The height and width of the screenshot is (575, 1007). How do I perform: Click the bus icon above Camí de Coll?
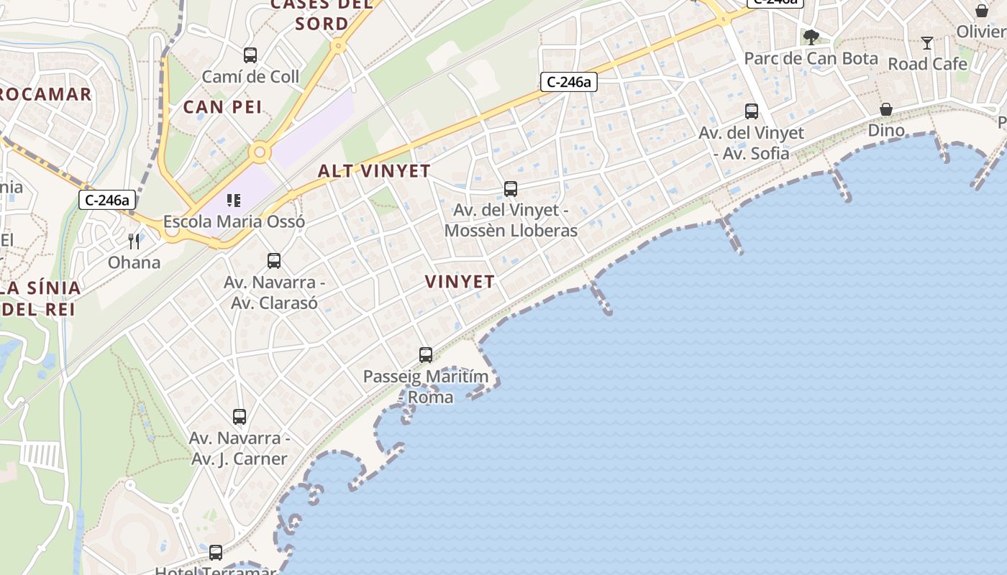click(x=250, y=55)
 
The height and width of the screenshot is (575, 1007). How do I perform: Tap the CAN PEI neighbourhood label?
click(x=223, y=107)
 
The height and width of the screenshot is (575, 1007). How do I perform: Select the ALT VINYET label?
click(x=374, y=171)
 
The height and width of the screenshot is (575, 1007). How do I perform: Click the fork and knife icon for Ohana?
click(x=134, y=241)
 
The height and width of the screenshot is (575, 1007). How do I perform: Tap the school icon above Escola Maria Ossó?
click(x=234, y=200)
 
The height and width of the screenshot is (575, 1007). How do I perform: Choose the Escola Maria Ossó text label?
click(x=234, y=221)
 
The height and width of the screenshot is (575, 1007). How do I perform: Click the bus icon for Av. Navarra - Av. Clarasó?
click(x=274, y=261)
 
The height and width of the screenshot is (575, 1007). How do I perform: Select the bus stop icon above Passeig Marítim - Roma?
click(x=426, y=354)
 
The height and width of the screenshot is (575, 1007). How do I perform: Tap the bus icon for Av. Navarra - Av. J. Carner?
click(x=240, y=416)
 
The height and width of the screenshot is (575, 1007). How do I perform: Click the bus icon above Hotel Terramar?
click(x=216, y=553)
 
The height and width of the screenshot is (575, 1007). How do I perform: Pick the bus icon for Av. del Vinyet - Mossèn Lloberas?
click(x=511, y=189)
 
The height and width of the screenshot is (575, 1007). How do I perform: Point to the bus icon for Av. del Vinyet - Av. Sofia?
click(x=752, y=111)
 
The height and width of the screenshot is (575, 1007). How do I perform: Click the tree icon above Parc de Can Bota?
click(x=811, y=37)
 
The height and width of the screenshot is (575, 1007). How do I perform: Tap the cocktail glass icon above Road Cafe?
click(x=927, y=43)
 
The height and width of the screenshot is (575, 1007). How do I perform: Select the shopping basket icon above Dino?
click(x=886, y=109)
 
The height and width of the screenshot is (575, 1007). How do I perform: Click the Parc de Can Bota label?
click(x=811, y=58)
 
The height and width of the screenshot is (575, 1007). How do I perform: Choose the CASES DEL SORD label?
click(x=322, y=14)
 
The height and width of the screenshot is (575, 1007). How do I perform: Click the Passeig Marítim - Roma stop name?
click(x=426, y=387)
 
